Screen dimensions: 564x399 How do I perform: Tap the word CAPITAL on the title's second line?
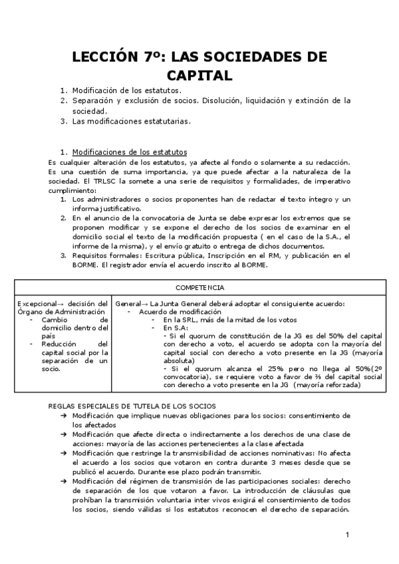(199, 75)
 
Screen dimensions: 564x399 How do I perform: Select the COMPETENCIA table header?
(199, 287)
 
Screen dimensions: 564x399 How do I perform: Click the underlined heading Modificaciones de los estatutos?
(130, 152)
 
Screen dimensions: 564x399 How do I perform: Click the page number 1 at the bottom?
(347, 534)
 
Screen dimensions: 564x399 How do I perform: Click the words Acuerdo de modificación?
(180, 312)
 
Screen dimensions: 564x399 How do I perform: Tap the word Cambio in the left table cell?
(55, 320)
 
